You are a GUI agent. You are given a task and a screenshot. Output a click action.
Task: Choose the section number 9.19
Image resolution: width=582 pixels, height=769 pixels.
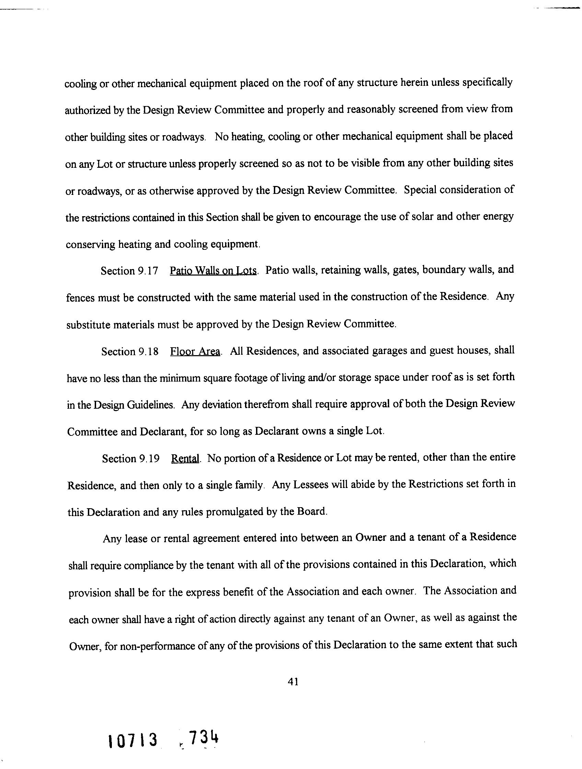[x=149, y=459]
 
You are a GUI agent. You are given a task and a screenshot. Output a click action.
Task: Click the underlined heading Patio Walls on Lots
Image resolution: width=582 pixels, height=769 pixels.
[x=213, y=270]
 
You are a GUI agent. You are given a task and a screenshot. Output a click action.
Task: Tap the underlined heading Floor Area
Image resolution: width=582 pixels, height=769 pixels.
[x=195, y=351]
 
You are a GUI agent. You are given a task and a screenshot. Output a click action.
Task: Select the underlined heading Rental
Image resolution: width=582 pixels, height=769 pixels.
[x=185, y=458]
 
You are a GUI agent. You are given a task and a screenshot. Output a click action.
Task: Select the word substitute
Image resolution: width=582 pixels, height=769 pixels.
[x=88, y=325]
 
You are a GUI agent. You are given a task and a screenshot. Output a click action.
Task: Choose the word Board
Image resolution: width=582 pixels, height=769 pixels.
[x=312, y=512]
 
